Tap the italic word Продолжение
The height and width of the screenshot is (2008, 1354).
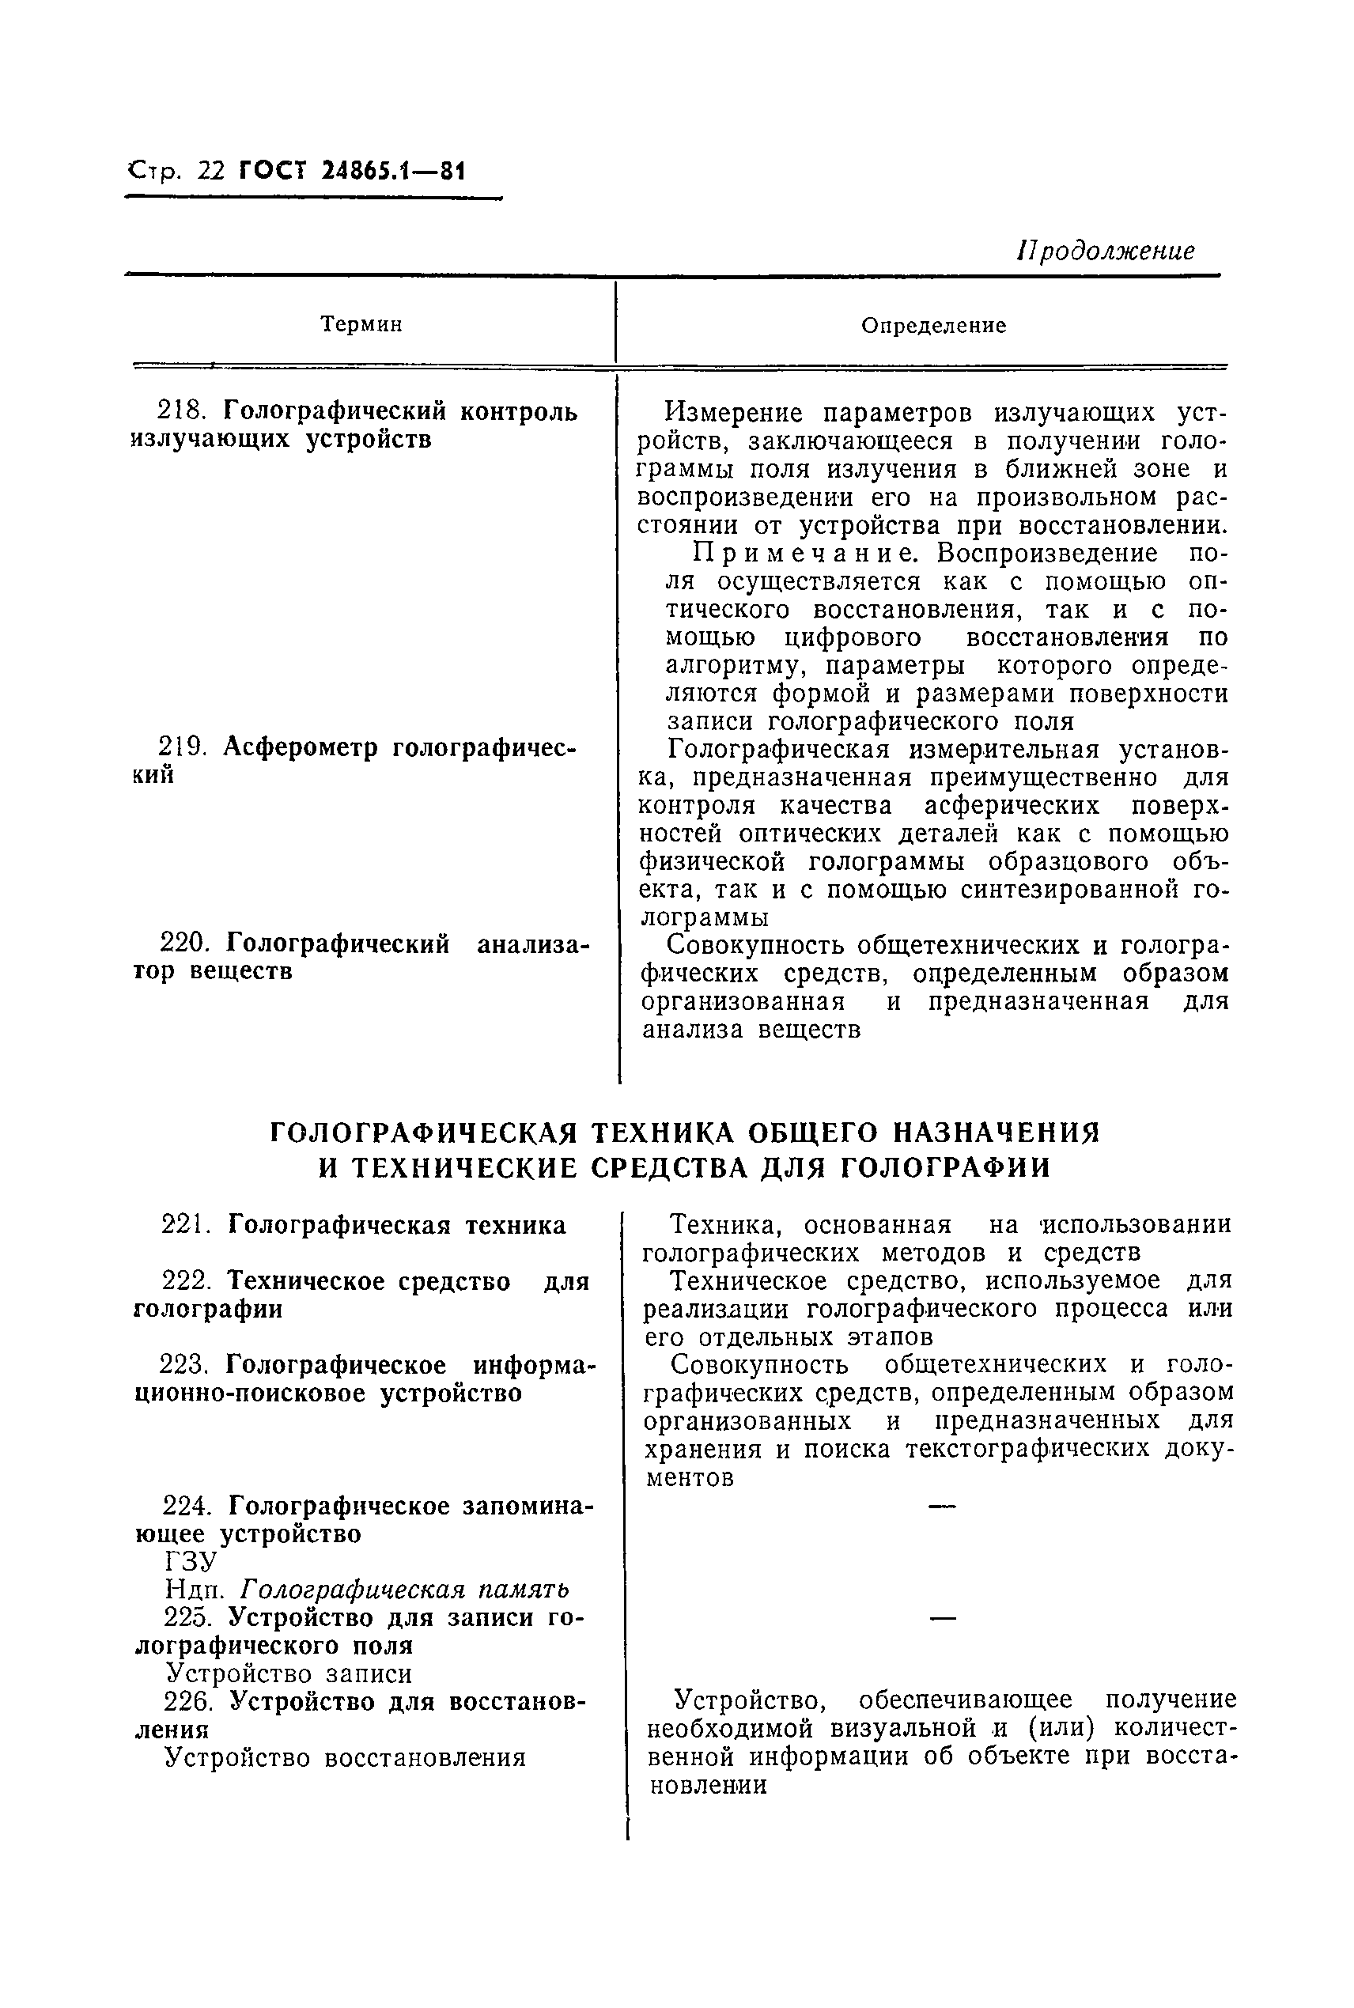pos(1106,251)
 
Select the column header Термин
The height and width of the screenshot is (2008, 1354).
pos(361,324)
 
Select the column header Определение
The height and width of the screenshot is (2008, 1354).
pos(933,326)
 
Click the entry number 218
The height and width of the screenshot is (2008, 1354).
pos(185,411)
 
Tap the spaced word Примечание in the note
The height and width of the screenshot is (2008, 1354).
pos(810,553)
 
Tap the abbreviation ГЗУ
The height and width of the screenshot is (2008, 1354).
pos(190,1562)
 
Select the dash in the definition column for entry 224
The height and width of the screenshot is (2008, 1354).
pos(942,1507)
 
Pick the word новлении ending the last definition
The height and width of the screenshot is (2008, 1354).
pos(707,1785)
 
